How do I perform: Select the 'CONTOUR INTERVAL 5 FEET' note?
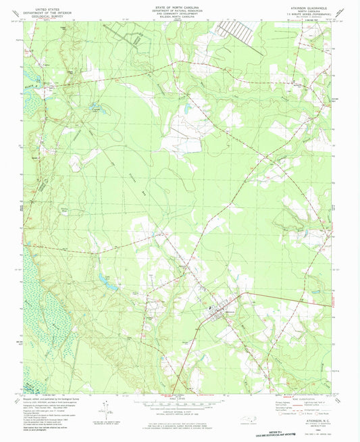(x=179, y=410)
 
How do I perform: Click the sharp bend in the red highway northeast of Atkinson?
(x=243, y=295)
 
